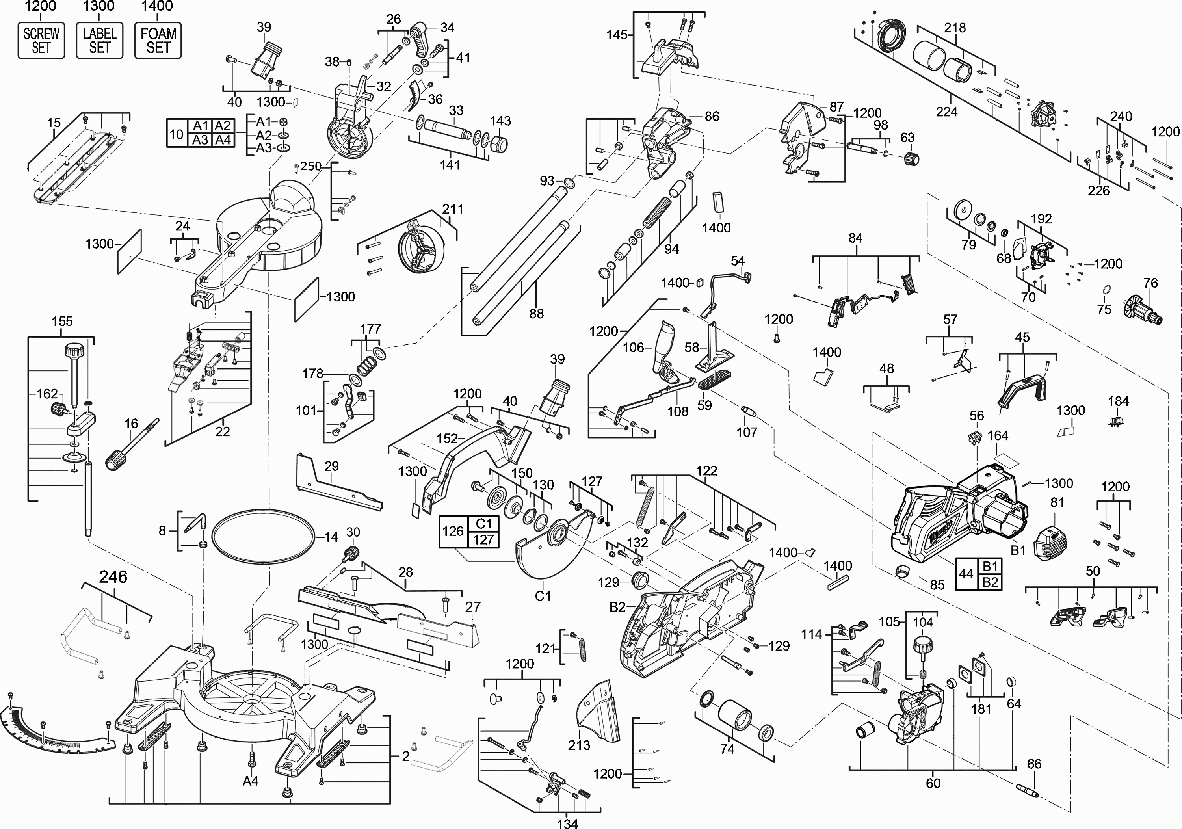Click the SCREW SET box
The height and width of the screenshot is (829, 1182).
coord(41,41)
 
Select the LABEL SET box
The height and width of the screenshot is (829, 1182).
coord(99,41)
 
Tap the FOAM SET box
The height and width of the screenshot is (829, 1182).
coord(158,41)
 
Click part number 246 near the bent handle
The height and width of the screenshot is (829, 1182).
coord(113,577)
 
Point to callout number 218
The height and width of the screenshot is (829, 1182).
coord(955,28)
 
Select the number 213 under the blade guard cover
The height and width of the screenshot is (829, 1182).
coord(579,745)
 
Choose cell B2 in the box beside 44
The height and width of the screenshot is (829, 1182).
coord(991,582)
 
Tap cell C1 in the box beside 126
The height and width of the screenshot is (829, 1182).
coord(484,524)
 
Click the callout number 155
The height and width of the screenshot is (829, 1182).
coord(62,321)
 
